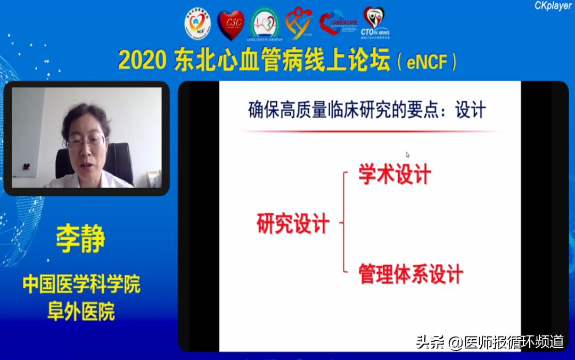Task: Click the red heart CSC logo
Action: click(x=231, y=24)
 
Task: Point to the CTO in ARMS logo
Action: click(x=375, y=21)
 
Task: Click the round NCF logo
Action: click(x=198, y=24)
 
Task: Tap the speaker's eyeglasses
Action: click(x=87, y=141)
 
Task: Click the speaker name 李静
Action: click(x=81, y=240)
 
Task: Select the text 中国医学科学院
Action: click(x=81, y=284)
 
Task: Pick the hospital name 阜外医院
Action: click(x=81, y=311)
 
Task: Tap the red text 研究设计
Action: click(x=293, y=224)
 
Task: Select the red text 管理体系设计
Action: click(x=410, y=274)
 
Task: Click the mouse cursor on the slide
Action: click(x=407, y=155)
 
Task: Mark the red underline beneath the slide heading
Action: click(x=367, y=131)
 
